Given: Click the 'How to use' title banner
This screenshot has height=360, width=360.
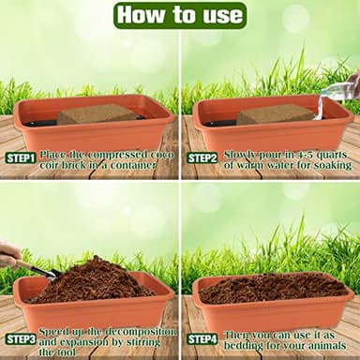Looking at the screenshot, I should pyautogui.click(x=180, y=15).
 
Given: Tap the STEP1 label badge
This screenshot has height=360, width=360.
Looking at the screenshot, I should pyautogui.click(x=21, y=157).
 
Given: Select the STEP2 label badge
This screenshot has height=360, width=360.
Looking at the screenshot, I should pyautogui.click(x=202, y=157).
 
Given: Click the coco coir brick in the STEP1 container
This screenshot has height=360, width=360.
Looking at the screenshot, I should pyautogui.click(x=97, y=114).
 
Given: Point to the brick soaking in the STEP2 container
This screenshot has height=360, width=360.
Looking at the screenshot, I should pyautogui.click(x=274, y=114).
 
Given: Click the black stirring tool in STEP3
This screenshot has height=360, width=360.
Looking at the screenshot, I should pyautogui.click(x=37, y=272).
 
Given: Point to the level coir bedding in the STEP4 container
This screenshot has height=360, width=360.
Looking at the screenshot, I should pyautogui.click(x=272, y=286).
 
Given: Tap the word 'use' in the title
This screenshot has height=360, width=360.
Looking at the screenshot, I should pyautogui.click(x=221, y=15).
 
